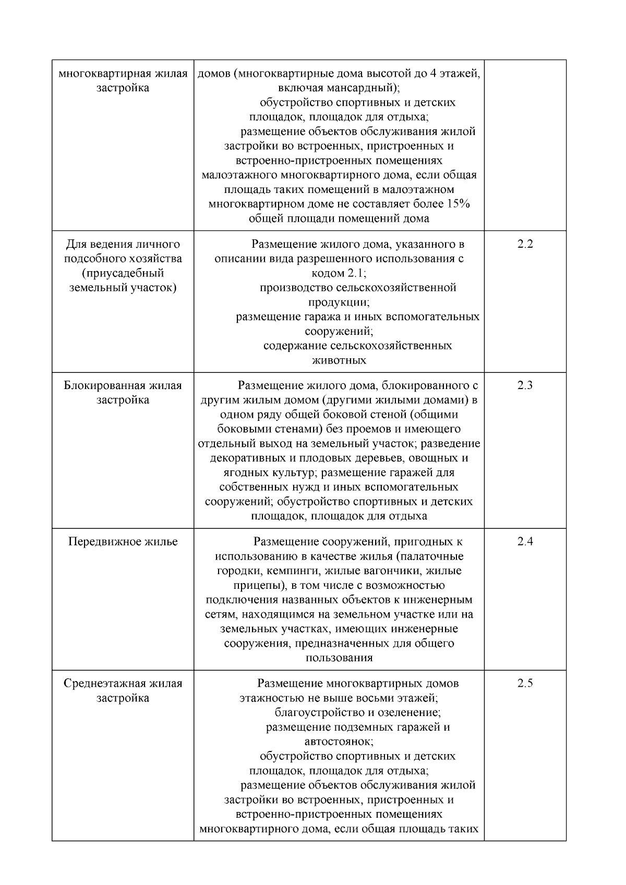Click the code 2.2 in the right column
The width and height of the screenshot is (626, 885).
[x=525, y=244]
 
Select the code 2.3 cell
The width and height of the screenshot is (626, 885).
[x=525, y=386]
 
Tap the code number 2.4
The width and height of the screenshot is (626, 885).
[x=525, y=542]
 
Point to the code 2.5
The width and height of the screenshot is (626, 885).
[x=525, y=684]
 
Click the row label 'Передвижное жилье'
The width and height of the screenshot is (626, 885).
[x=123, y=542]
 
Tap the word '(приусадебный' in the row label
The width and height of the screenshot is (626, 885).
[x=123, y=273]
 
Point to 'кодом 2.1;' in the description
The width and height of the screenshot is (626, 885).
[x=339, y=273]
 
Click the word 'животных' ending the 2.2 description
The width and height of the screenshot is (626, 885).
[x=339, y=360]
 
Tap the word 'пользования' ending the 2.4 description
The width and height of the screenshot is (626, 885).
[x=339, y=658]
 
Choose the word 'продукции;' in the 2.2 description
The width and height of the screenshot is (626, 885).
[x=339, y=302]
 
